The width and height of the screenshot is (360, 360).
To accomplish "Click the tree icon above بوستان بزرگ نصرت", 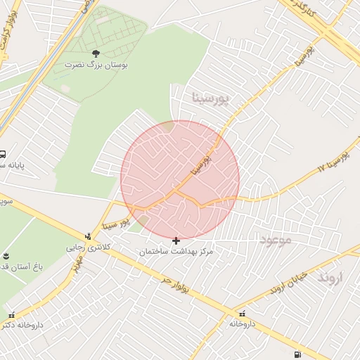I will (x=96, y=53).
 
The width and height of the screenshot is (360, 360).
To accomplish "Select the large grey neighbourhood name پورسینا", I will (x=210, y=98).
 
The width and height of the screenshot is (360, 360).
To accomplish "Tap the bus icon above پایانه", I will (x=3, y=155).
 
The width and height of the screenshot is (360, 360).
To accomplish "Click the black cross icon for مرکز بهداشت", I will (x=176, y=240).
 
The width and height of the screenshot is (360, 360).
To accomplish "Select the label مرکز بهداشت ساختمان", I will (x=176, y=251).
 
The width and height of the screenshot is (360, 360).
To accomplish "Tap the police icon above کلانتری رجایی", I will (x=88, y=237).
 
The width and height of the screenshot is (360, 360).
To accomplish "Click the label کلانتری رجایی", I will (x=85, y=247).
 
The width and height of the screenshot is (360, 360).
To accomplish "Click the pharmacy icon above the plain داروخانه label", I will (x=243, y=314).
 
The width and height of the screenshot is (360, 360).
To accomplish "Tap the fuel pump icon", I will (x=299, y=354).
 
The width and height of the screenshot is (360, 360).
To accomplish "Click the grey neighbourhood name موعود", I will (x=276, y=240).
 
